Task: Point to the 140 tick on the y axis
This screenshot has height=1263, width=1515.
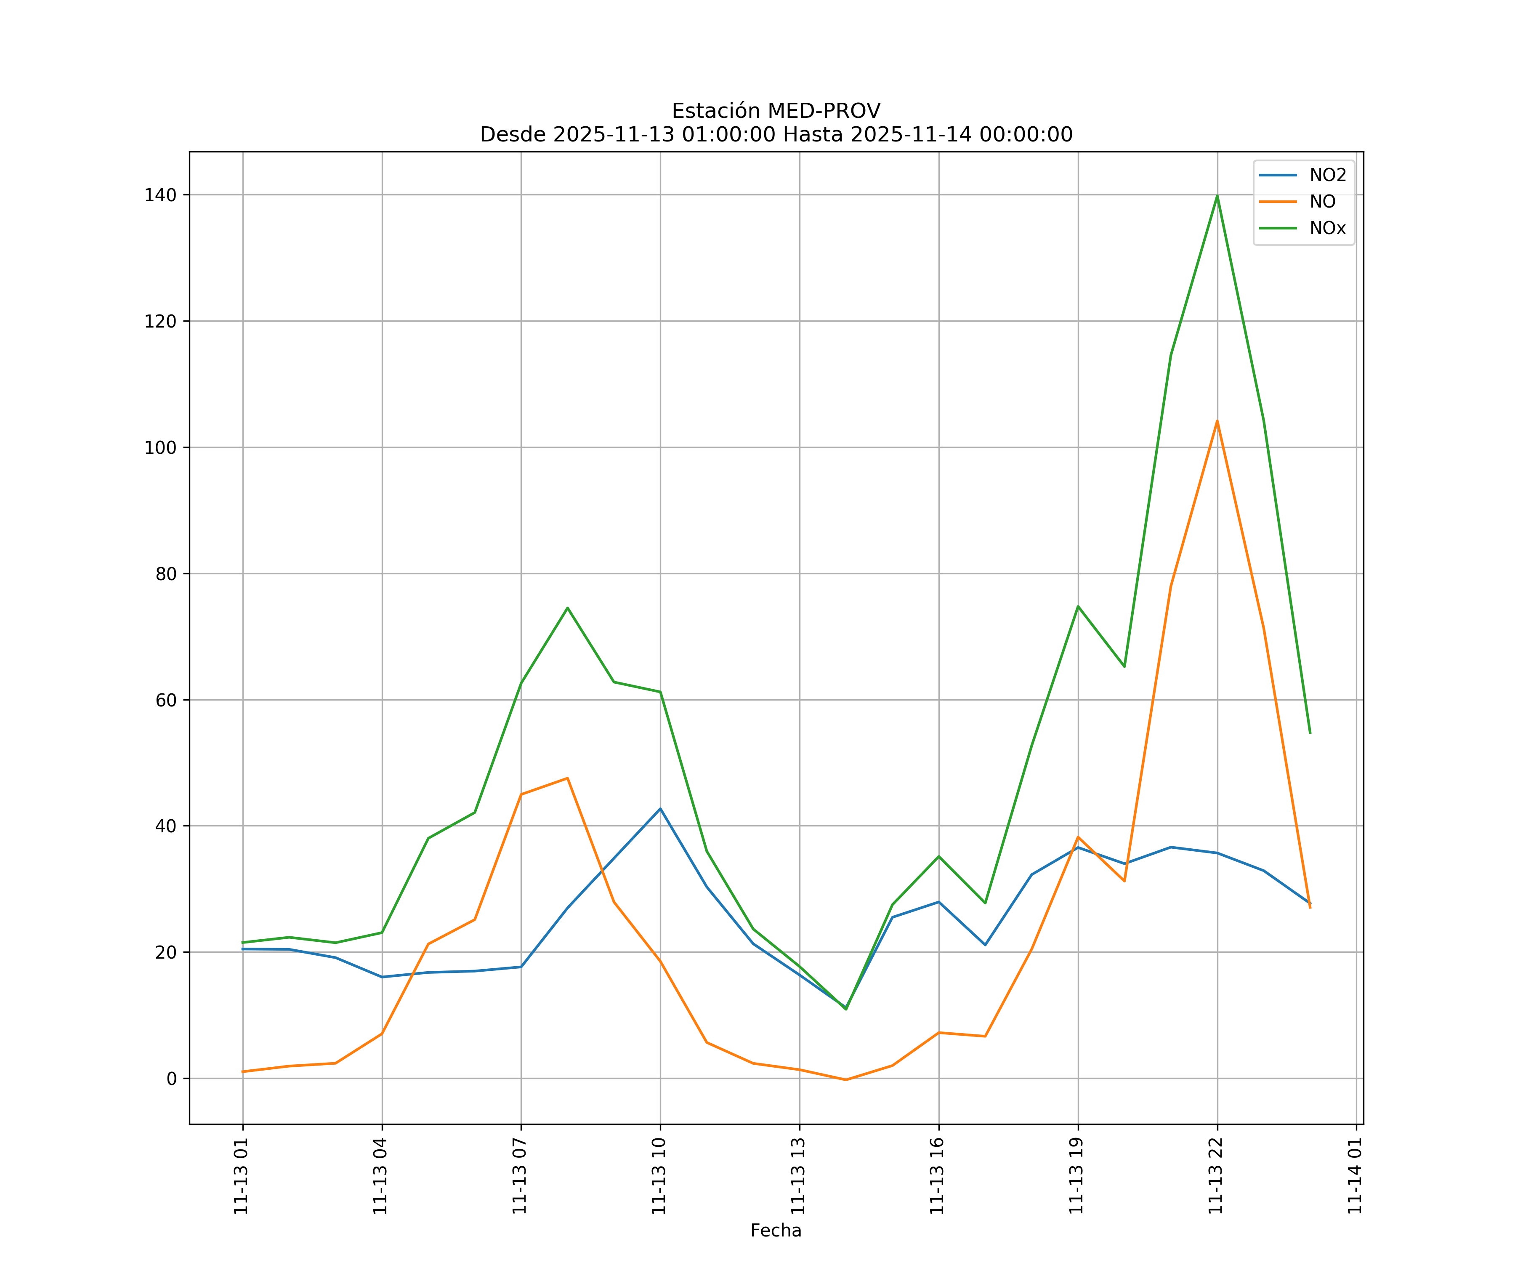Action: tap(160, 195)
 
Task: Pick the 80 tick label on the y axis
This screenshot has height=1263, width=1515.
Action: tap(165, 574)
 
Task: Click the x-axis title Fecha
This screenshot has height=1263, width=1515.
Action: tap(776, 1231)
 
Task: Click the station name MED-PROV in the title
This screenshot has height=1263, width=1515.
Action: tap(823, 111)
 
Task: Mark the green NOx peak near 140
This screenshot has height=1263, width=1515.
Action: tap(1217, 196)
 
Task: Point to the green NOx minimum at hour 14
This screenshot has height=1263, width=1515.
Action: tap(845, 1009)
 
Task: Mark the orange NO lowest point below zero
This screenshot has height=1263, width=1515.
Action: tap(845, 1080)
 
